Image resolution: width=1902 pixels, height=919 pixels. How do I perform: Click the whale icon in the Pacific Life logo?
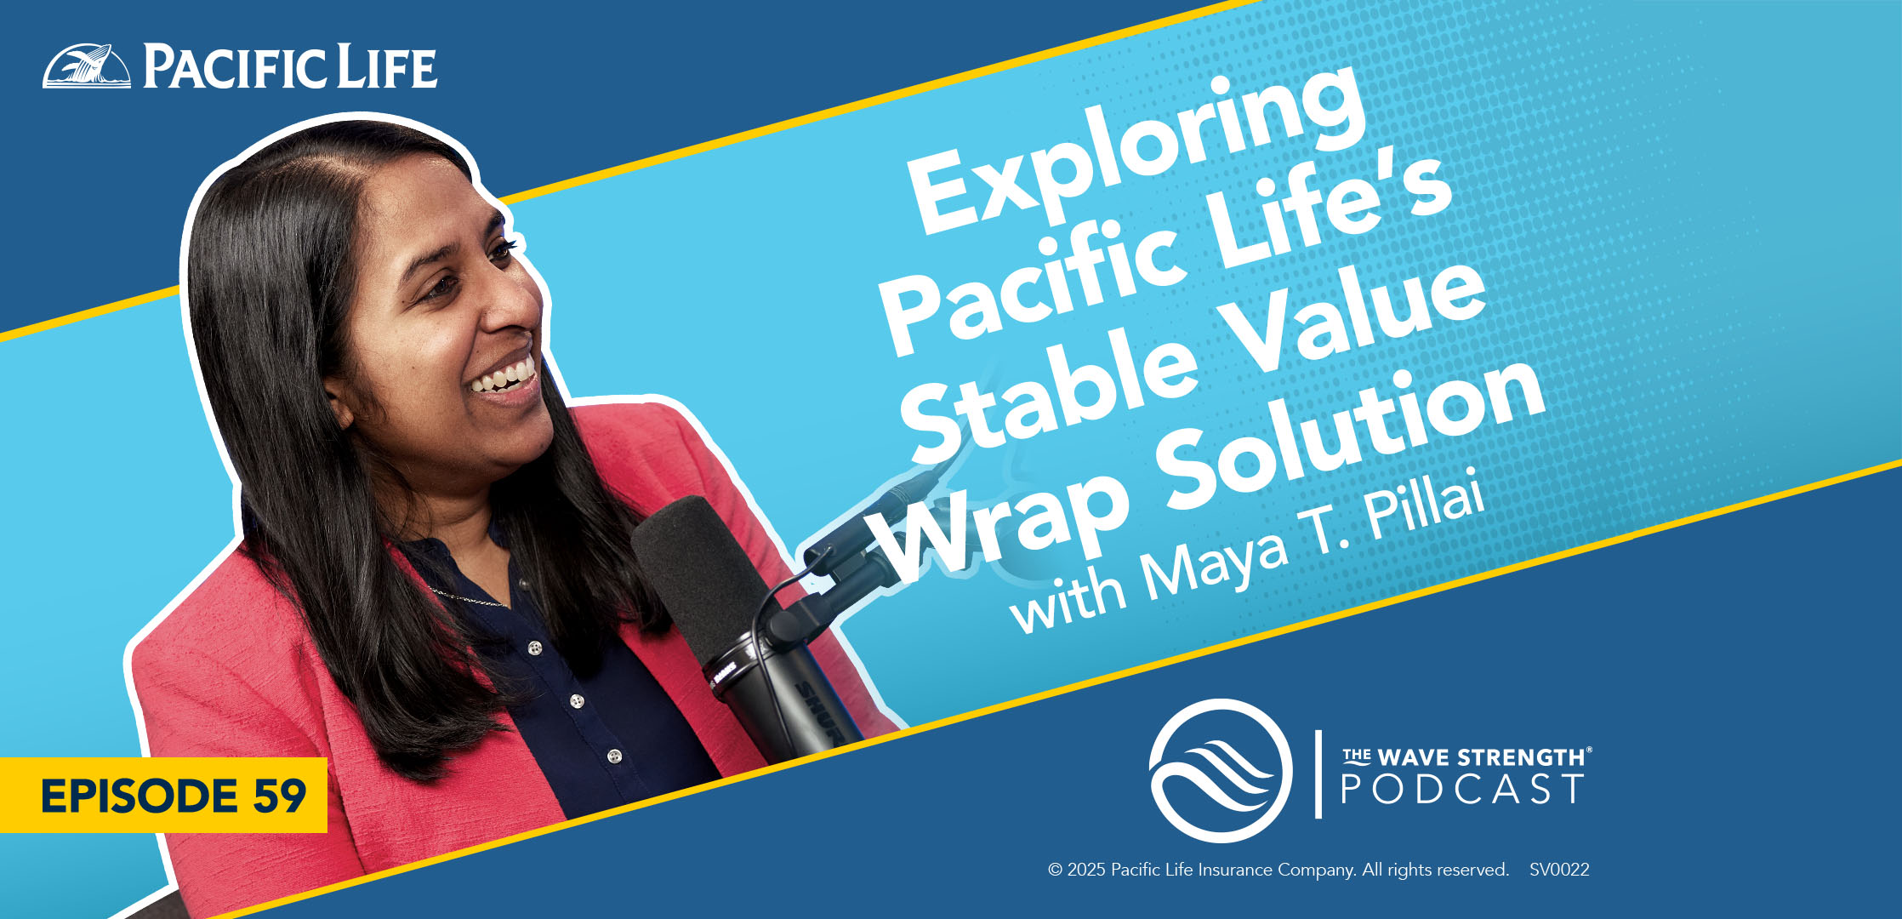(87, 66)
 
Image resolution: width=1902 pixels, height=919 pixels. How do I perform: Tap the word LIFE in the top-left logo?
(387, 67)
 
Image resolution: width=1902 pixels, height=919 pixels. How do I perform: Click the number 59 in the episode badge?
(279, 796)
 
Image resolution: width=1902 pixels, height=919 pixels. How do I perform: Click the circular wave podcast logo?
(1220, 771)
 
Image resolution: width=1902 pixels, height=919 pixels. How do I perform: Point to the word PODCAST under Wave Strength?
(1462, 789)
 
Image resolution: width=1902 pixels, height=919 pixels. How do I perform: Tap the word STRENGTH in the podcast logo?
(1523, 756)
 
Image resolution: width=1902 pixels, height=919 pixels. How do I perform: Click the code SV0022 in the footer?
(1559, 870)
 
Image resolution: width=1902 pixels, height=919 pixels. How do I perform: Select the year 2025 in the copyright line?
(1086, 870)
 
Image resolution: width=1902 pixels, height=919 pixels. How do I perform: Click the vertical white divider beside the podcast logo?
(1318, 773)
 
